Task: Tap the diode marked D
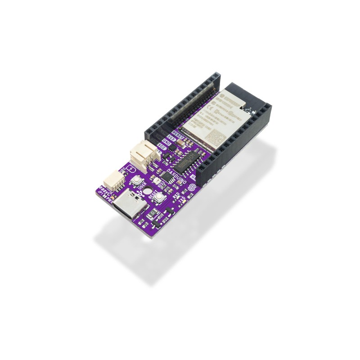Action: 153,213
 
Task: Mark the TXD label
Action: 183,199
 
